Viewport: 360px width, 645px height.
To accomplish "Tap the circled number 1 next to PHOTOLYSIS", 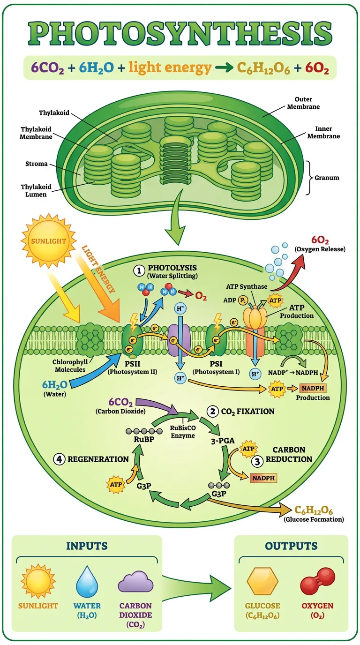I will click(x=138, y=270).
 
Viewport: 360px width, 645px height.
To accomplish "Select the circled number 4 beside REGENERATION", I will click(x=60, y=459).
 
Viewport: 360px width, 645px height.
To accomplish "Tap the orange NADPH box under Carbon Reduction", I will click(x=263, y=478).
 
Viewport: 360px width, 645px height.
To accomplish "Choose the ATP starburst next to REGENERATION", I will click(x=117, y=483).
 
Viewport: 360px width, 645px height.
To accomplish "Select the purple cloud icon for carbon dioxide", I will click(x=135, y=583).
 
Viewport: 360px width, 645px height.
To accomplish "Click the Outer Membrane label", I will click(x=307, y=103).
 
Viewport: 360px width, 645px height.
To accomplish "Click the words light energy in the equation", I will click(x=170, y=68).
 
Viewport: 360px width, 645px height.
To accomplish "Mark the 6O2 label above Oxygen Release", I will click(x=319, y=240).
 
